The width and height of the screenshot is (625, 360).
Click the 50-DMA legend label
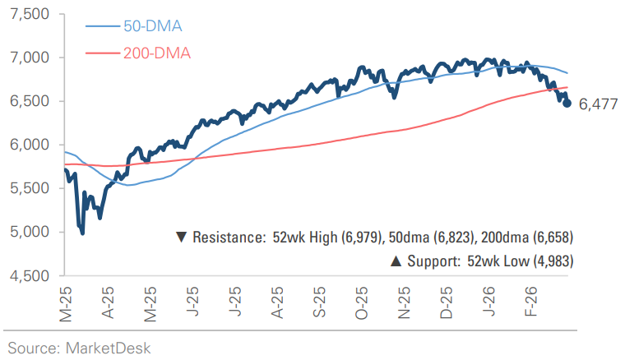click(153, 26)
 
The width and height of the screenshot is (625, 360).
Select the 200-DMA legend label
click(157, 53)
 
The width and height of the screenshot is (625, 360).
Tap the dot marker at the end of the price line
click(567, 103)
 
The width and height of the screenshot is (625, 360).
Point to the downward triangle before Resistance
click(181, 238)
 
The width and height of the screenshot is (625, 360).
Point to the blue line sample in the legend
click(103, 26)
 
